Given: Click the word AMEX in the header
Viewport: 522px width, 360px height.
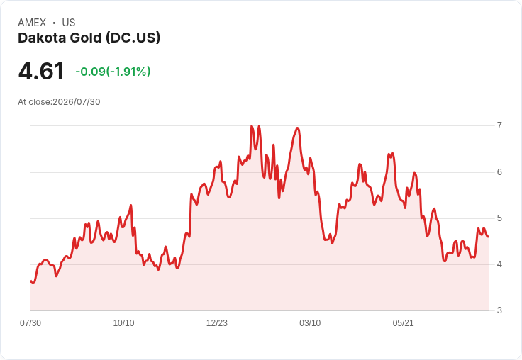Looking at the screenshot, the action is coord(32,23).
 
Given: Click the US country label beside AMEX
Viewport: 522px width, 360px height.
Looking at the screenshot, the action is coord(69,23).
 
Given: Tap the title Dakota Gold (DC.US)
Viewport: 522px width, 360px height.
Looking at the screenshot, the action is coord(89,38).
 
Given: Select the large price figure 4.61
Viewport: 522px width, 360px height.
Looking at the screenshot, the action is coord(41,71).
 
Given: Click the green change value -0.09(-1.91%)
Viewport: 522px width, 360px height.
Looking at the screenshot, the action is coord(113,71).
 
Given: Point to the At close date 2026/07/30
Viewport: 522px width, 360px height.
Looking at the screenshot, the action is coord(76,101).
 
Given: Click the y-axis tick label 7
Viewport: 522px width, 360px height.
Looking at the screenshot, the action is coord(499,125).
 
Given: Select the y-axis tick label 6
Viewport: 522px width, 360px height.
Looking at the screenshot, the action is coord(499,172).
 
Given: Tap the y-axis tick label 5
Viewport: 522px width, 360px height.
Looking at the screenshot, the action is coord(499,218).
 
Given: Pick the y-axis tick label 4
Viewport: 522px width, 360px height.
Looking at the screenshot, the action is coord(499,264).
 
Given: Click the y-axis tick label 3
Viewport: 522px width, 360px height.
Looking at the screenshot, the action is coord(499,310).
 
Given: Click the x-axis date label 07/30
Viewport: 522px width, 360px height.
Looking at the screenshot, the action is coord(30,322).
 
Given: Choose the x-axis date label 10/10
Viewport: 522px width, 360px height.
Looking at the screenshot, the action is coord(123,322).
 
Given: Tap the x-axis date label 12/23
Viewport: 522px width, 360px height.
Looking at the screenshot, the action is coord(217,322).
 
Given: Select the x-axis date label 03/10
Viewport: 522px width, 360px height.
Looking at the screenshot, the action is coord(310,322).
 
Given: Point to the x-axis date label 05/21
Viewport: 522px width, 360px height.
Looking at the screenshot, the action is coord(403,322).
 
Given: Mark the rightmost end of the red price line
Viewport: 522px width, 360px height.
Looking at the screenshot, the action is coord(489,237).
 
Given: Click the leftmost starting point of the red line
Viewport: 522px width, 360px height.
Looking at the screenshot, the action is coord(30,281).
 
